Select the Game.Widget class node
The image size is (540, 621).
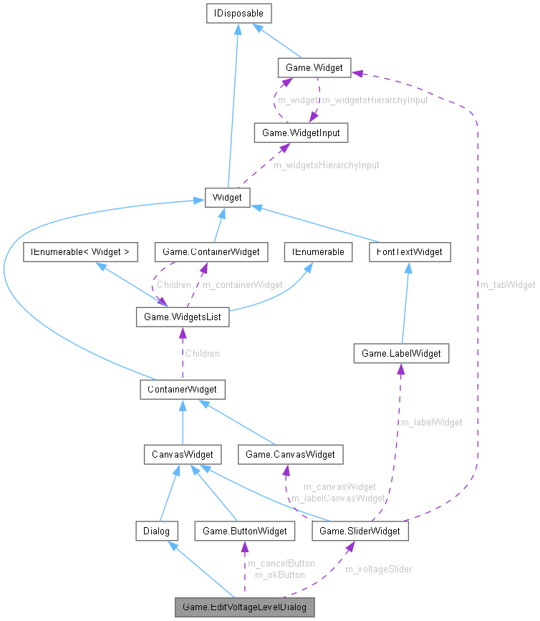click(314, 68)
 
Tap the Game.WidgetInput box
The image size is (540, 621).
click(301, 133)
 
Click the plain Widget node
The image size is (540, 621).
click(227, 198)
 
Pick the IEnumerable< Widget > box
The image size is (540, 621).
click(79, 252)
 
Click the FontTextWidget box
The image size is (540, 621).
click(410, 252)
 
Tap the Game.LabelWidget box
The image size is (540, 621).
click(401, 353)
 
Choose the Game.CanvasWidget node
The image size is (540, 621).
click(290, 454)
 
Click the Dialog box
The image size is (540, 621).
click(156, 531)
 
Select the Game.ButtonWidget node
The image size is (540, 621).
click(244, 531)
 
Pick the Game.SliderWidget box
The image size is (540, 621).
click(361, 531)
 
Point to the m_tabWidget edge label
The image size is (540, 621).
click(508, 284)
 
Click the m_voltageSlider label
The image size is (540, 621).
click(378, 569)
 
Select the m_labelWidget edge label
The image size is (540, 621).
click(430, 422)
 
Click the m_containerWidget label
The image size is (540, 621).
click(242, 284)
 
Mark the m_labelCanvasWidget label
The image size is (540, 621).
click(338, 497)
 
